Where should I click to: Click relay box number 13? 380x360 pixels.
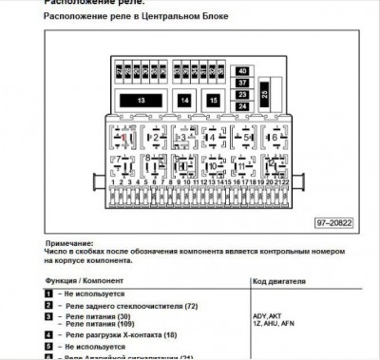click(x=142, y=100)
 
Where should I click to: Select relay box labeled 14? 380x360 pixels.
click(x=185, y=100)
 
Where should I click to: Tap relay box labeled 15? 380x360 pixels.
click(x=215, y=100)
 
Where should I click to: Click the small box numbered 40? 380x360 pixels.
click(x=242, y=71)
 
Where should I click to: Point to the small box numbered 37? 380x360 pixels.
click(x=242, y=83)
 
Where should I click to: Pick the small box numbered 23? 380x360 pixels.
click(x=242, y=94)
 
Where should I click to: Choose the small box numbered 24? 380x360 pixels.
click(x=242, y=105)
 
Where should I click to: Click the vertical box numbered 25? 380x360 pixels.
click(x=265, y=92)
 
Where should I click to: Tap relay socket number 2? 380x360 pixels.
click(x=155, y=137)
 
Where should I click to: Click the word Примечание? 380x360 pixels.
click(x=71, y=242)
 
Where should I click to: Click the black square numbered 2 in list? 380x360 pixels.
click(x=47, y=307)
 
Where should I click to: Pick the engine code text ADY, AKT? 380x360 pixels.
click(x=269, y=314)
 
